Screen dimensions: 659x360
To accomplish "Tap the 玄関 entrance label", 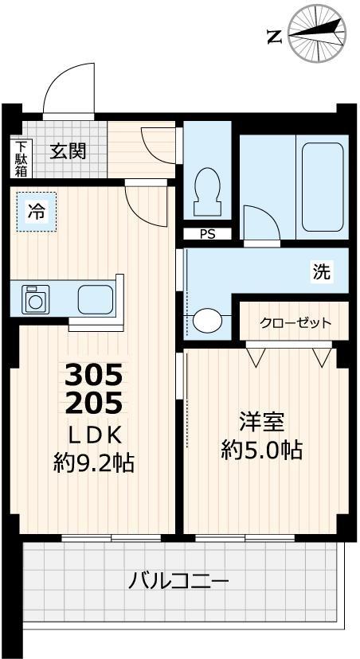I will coord(68,150).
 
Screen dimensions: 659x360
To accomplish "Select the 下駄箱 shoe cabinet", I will coord(21,158).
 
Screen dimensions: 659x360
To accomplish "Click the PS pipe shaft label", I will coord(207,234).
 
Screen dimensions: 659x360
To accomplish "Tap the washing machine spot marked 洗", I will coord(321,272).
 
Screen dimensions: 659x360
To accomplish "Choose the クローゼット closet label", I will coord(295,323).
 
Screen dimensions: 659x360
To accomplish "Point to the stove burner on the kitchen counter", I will coord(35,300).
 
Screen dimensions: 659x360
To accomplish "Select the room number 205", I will coord(94,404).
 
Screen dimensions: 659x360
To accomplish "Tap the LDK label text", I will coord(93,435).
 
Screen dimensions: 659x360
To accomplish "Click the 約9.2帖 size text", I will coord(93,462).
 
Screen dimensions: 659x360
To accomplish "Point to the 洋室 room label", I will coord(262,421).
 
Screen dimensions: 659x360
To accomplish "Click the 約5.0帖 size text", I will coord(262,450).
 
